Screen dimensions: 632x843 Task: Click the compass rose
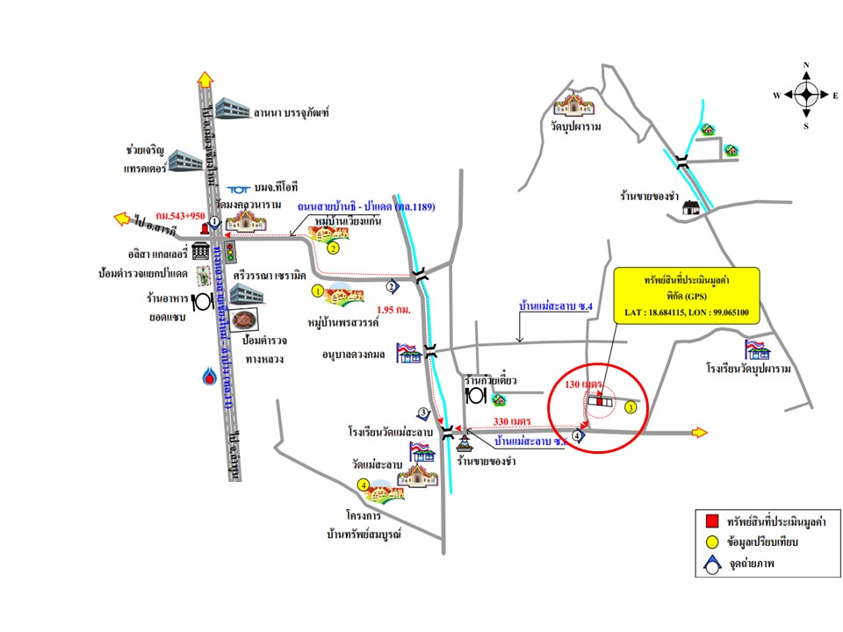pyautogui.click(x=806, y=95)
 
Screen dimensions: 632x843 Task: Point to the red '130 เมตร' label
pyautogui.click(x=583, y=384)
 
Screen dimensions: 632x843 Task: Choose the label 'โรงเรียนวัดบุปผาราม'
pyautogui.click(x=748, y=369)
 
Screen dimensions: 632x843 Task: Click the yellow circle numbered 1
pyautogui.click(x=318, y=289)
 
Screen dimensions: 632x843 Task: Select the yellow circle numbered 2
pyautogui.click(x=333, y=248)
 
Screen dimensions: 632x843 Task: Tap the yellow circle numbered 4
pyautogui.click(x=364, y=484)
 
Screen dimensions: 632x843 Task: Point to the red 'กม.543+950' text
pyautogui.click(x=181, y=214)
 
